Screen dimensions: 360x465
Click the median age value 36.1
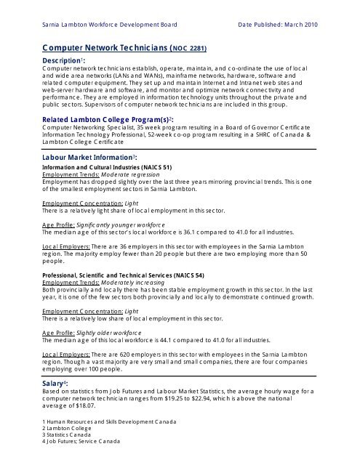coord(180,233)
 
